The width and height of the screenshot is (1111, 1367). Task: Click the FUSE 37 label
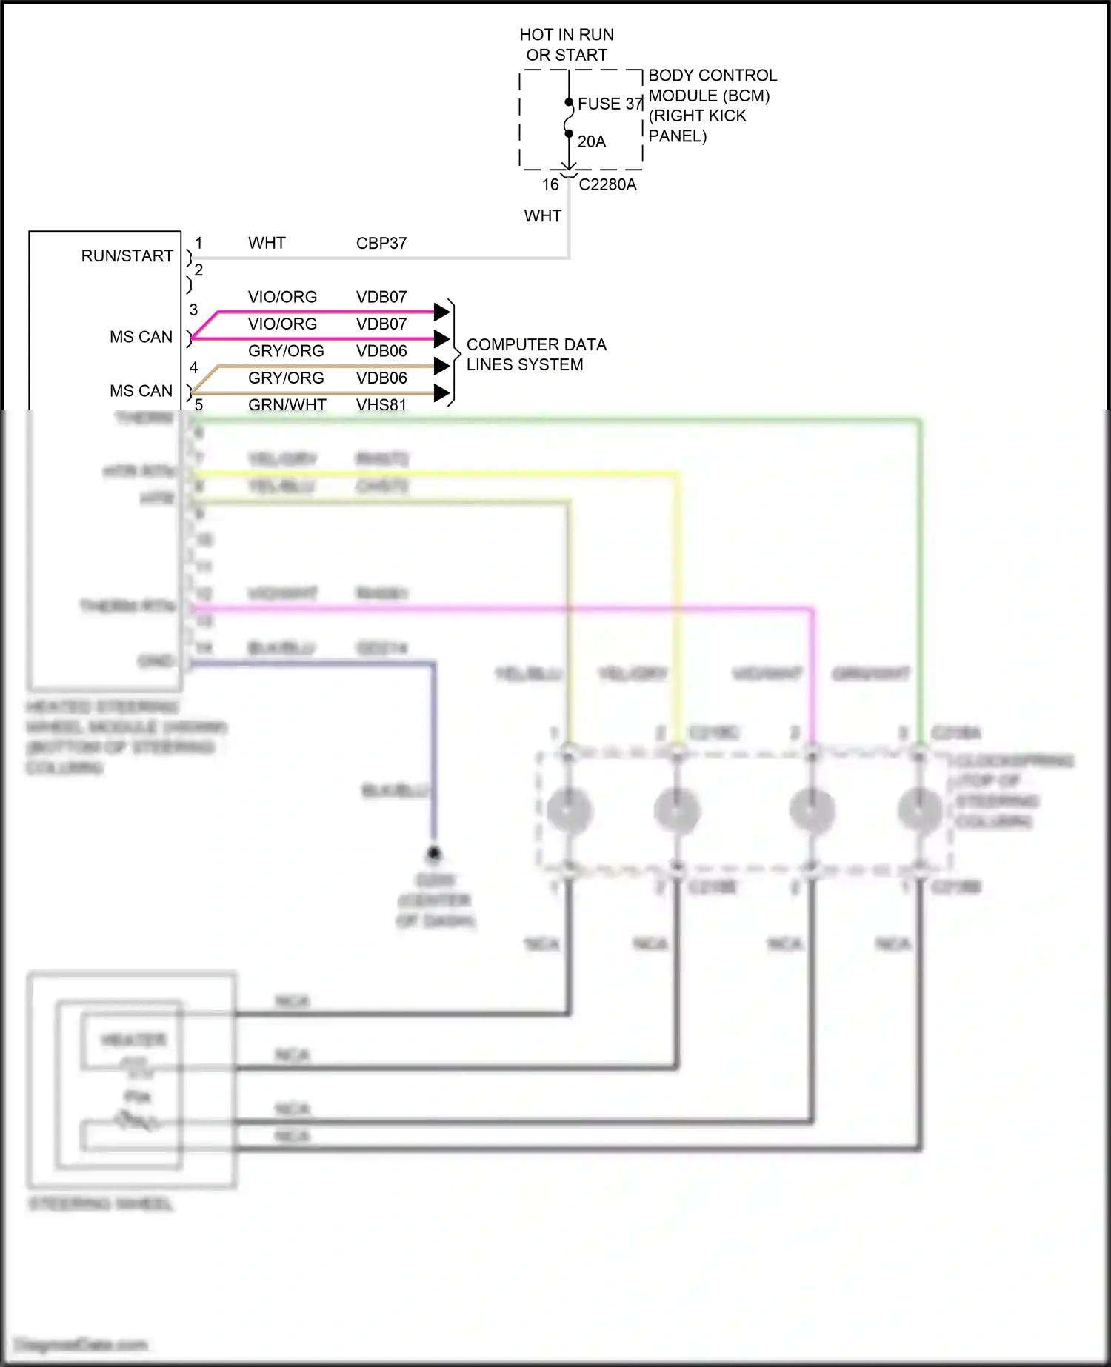[610, 104]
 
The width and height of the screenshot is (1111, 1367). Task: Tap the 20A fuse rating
[591, 141]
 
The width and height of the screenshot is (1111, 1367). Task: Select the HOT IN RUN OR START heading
[567, 44]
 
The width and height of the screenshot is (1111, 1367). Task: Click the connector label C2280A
[607, 184]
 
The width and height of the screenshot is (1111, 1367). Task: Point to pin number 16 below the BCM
[550, 184]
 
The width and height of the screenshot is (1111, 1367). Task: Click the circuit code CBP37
[381, 243]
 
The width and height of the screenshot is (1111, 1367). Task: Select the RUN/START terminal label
[127, 255]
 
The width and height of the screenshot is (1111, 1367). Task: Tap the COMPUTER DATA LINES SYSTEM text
[536, 355]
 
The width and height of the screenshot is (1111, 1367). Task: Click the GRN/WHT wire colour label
[287, 404]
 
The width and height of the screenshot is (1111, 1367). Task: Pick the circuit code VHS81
[381, 404]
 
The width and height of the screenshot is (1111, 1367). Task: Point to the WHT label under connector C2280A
[542, 215]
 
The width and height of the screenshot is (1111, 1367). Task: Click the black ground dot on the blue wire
[434, 852]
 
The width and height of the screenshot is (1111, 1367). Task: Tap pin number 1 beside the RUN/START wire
[198, 243]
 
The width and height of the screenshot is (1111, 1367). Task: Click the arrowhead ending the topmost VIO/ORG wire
[441, 312]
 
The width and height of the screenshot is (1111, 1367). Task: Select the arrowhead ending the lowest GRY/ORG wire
[441, 392]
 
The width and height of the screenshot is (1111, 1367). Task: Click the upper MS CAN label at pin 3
[141, 337]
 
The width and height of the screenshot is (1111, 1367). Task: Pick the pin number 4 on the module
[194, 367]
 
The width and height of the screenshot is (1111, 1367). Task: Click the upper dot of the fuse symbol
[569, 102]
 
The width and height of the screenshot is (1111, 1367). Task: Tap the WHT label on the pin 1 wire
[267, 243]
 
